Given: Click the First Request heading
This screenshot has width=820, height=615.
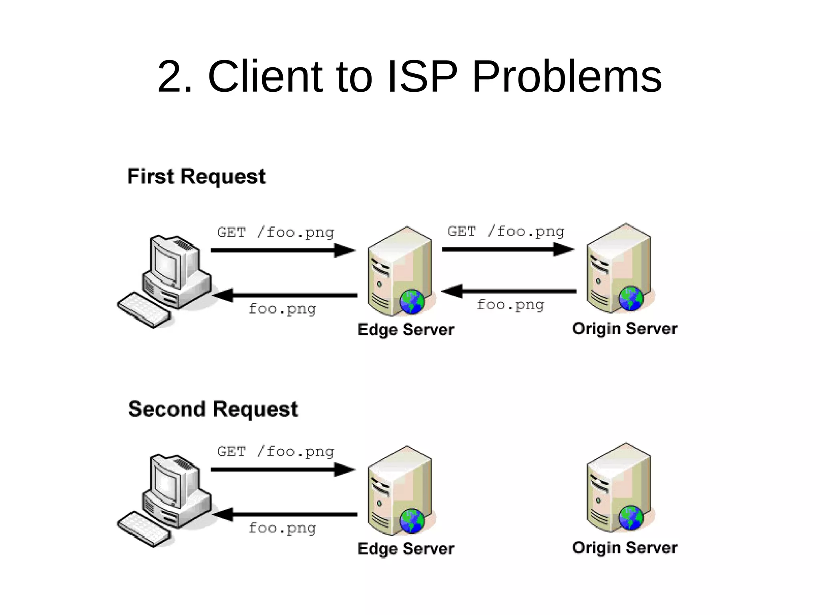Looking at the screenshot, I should (196, 176).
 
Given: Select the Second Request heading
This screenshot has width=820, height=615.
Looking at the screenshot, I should (213, 409).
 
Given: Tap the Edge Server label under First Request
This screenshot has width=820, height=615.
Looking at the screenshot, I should (406, 329).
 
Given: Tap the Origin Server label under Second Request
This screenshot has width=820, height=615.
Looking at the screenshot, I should (625, 547).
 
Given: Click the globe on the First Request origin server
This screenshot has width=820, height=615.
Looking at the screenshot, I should (631, 299).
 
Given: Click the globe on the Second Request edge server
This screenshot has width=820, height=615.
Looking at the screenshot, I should (412, 521).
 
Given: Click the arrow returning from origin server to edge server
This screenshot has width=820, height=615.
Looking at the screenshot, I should (508, 291).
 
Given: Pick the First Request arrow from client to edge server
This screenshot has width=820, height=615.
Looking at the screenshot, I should (282, 250).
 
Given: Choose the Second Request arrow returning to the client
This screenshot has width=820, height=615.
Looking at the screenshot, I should (284, 514).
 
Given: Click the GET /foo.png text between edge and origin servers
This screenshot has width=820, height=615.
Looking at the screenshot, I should (506, 231).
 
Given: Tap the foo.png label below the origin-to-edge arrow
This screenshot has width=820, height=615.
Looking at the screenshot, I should (510, 305).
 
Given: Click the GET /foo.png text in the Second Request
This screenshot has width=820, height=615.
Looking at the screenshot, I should (275, 452).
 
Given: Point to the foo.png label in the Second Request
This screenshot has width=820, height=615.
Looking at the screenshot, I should (282, 528).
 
